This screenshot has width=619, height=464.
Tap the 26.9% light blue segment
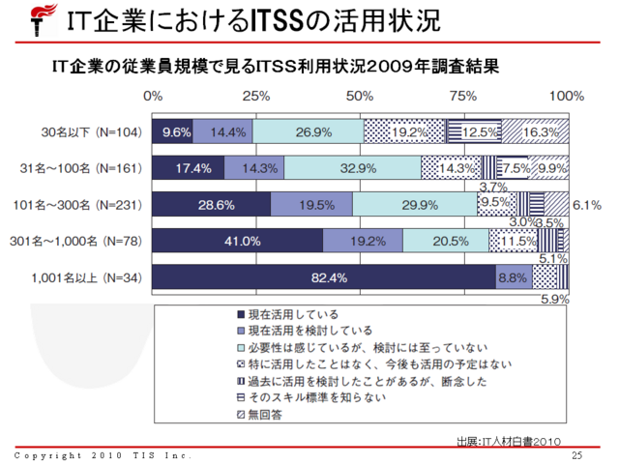pyautogui.click(x=309, y=130)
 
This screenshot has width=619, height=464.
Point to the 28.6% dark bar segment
pyautogui.click(x=212, y=204)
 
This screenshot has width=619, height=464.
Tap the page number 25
pyautogui.click(x=577, y=455)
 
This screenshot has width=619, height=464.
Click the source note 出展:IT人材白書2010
pyautogui.click(x=509, y=440)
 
